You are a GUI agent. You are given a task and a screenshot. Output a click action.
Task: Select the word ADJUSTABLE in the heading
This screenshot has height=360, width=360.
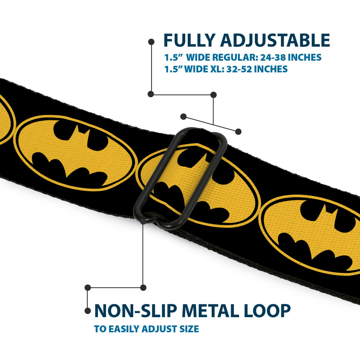click(x=275, y=41)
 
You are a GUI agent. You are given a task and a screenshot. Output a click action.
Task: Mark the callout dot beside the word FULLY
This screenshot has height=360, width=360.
click(x=151, y=41)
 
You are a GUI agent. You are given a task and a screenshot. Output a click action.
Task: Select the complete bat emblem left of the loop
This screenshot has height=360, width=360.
click(x=76, y=152)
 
